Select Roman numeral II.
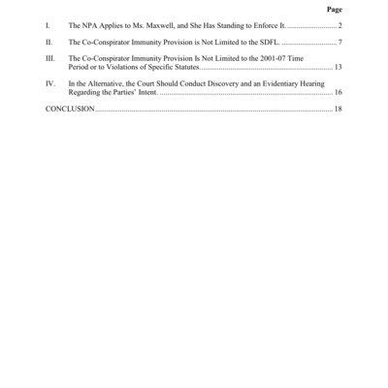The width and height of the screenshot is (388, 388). tap(48, 44)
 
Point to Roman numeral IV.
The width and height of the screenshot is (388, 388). tap(50, 85)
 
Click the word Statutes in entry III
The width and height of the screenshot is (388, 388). tap(181, 70)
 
